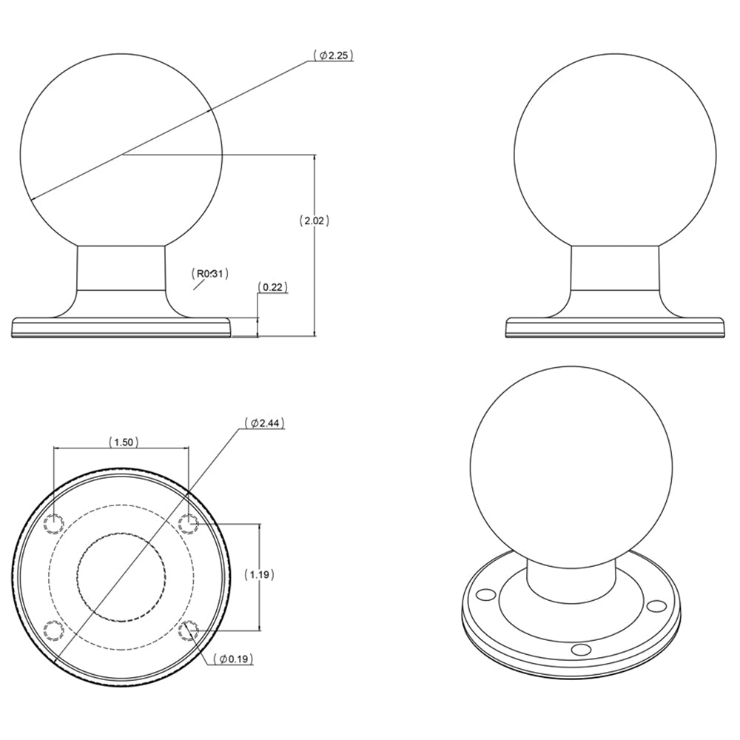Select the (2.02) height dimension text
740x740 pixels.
314,221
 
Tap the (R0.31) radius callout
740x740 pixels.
210,274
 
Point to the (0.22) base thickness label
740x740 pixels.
272,287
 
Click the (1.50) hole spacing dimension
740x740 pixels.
121,443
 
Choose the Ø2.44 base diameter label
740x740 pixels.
264,423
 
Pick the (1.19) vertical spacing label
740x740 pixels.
258,574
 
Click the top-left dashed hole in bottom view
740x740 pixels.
53,523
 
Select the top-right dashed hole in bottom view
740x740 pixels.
189,523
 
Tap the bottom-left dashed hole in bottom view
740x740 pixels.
53,630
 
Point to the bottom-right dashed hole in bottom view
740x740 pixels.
189,630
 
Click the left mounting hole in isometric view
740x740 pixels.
485,594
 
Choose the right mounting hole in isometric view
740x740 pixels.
654,606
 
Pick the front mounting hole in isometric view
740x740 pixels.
582,650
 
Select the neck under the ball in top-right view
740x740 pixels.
614,270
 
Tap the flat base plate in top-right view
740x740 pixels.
614,328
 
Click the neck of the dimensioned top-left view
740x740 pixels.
121,270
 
